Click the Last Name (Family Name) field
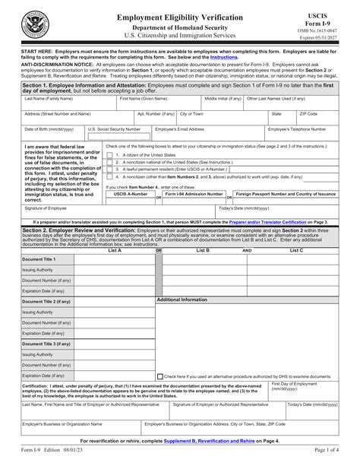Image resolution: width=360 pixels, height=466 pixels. click(x=59, y=103)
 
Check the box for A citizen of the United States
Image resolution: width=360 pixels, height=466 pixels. click(x=110, y=154)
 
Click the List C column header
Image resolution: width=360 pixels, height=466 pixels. click(x=296, y=249)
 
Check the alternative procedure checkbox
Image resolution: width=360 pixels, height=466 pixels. click(x=159, y=376)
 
